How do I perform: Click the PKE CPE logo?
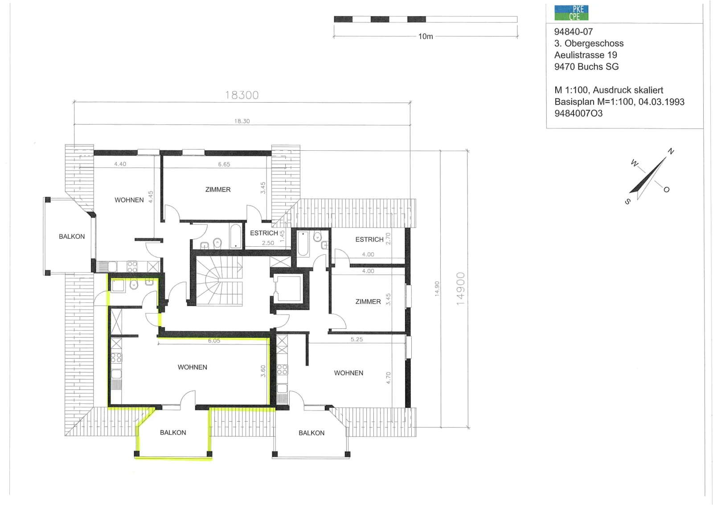click(x=571, y=13)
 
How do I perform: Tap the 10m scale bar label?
click(x=425, y=37)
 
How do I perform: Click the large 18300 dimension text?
click(x=242, y=95)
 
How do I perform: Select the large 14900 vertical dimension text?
click(x=461, y=289)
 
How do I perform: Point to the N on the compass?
click(x=671, y=151)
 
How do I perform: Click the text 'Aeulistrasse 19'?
click(x=586, y=55)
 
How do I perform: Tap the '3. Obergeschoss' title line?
click(x=589, y=43)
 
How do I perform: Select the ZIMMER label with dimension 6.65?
click(x=218, y=190)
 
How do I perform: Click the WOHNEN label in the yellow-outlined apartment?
click(x=192, y=367)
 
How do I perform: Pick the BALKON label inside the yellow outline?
click(x=173, y=432)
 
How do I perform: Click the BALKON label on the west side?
click(x=72, y=236)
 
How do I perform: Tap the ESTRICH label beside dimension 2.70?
click(x=369, y=239)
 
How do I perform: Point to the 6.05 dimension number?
click(x=214, y=340)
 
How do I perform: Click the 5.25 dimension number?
click(x=356, y=339)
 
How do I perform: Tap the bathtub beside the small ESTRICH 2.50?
click(x=236, y=236)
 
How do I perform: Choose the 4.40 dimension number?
click(x=120, y=164)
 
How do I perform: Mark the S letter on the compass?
click(x=627, y=201)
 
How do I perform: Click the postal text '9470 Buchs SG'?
click(x=586, y=66)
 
